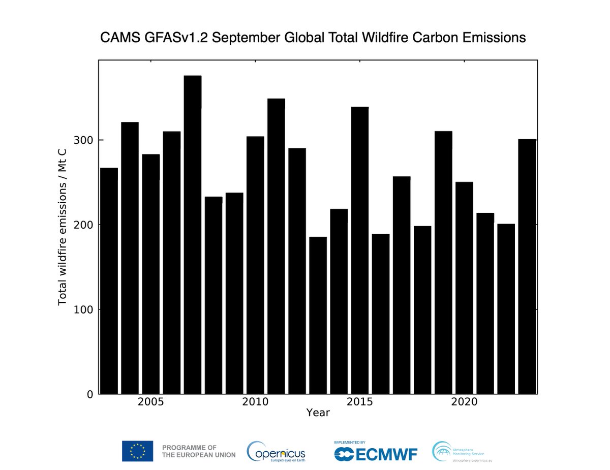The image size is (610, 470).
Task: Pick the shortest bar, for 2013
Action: tap(318, 315)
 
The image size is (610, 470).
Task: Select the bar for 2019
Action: tap(443, 262)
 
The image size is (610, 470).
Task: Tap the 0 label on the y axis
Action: tap(89, 394)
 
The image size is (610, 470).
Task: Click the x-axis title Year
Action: tap(318, 413)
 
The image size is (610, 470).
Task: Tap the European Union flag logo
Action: tap(137, 451)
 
